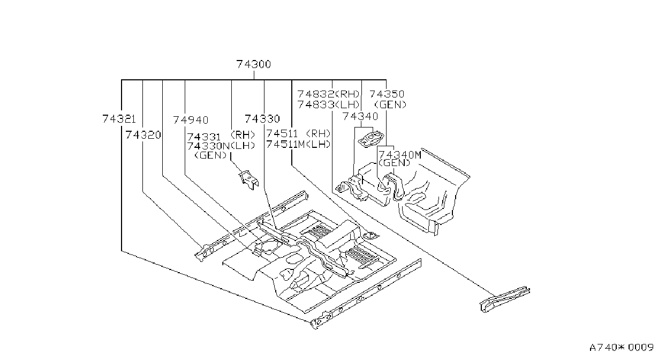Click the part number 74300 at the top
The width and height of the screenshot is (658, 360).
tap(253, 64)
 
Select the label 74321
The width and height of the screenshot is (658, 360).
tap(119, 119)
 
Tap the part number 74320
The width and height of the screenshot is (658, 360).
tap(143, 135)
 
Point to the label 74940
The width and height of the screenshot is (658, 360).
tap(191, 120)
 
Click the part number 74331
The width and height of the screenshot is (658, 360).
tap(204, 137)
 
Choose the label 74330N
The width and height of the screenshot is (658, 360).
tap(209, 146)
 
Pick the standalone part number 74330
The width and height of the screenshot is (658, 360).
tap(262, 119)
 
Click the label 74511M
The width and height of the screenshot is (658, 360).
tap(285, 144)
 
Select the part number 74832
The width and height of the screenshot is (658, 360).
tap(316, 94)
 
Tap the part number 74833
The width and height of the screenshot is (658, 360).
tap(316, 104)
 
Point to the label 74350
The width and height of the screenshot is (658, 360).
tap(387, 94)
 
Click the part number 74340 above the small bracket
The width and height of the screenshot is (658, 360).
tap(360, 116)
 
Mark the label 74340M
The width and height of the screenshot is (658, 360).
tap(400, 155)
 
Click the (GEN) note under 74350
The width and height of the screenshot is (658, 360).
tap(390, 104)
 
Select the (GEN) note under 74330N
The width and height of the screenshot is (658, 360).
tap(211, 155)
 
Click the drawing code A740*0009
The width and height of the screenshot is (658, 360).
tap(622, 348)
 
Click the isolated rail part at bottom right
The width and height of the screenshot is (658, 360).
tap(505, 299)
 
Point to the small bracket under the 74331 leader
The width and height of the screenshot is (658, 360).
tap(249, 179)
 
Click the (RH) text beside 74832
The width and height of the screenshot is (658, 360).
tap(347, 94)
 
